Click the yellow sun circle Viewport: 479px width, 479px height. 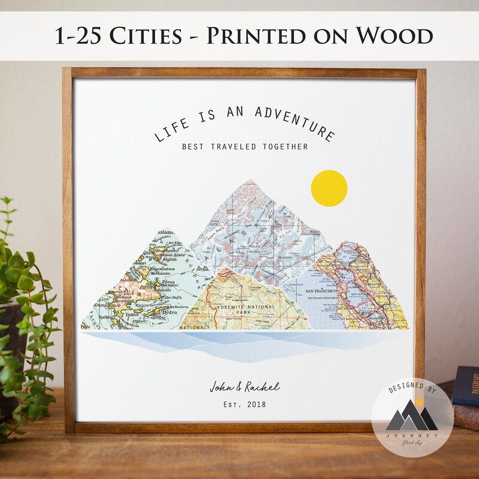329,188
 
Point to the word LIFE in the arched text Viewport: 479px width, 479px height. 171,128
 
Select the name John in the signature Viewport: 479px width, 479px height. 221,386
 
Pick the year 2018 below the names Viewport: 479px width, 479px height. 255,404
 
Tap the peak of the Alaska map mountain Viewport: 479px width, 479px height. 244,182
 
